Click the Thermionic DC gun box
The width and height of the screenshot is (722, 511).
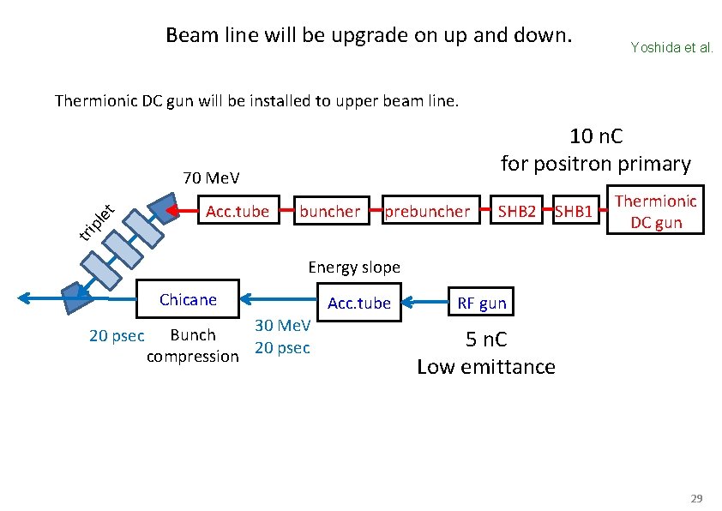[656, 211]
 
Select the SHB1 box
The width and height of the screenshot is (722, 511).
[574, 211]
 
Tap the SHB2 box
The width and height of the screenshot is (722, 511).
[518, 211]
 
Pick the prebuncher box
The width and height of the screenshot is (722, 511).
[428, 211]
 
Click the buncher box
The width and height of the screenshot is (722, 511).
[330, 211]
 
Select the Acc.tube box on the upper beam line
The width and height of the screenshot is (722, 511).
[238, 211]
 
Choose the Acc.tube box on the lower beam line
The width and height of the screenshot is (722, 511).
[358, 303]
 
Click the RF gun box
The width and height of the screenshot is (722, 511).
[482, 303]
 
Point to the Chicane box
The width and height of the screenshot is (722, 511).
[188, 300]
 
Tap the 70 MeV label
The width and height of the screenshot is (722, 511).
[211, 178]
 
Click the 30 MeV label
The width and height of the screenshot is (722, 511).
[282, 326]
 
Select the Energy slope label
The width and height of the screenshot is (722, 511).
[354, 267]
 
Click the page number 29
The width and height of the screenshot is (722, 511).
[696, 498]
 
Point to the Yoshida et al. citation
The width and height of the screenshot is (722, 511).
[671, 48]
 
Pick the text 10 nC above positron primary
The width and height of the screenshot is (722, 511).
[597, 136]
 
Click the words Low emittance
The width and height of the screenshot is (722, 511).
[485, 367]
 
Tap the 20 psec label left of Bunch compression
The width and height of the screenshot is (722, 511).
[117, 335]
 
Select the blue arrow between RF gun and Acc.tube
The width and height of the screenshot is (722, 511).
[420, 302]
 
